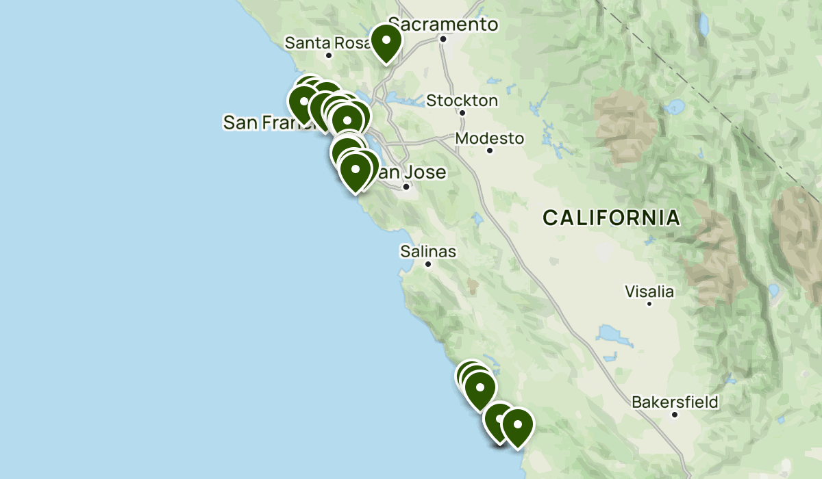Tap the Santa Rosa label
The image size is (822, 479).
tap(319, 42)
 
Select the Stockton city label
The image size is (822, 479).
tap(462, 101)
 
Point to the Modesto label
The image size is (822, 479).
tap(490, 138)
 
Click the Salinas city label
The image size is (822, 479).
tap(428, 252)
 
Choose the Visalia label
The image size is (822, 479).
tap(649, 292)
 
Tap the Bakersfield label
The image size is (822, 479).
tap(675, 402)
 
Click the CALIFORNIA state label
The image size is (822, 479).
tap(612, 218)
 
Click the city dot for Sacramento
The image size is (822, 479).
tap(443, 38)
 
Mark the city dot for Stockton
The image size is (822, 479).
tap(462, 113)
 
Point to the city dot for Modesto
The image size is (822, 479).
tap(490, 150)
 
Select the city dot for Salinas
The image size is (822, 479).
tap(428, 263)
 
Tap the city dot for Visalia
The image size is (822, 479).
tap(649, 303)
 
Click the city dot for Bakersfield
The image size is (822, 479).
tap(675, 414)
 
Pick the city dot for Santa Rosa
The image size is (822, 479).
tap(329, 55)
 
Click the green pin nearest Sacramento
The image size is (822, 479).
tap(386, 42)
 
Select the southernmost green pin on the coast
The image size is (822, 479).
tap(518, 426)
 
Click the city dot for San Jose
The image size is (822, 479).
tap(406, 186)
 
